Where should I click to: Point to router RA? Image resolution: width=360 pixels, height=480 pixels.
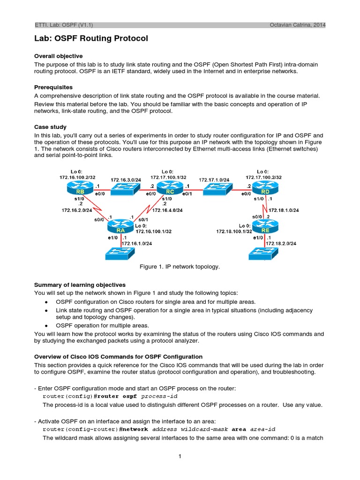coord(120,228)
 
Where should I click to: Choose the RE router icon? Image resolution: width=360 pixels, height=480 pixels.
coord(265,228)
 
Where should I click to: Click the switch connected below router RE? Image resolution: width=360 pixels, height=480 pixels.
coord(265,254)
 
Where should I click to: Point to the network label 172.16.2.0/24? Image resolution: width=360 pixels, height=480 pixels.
coord(77,211)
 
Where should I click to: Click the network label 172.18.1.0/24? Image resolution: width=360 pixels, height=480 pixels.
coord(284,210)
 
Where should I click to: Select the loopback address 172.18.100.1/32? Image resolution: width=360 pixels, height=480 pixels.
coord(234,231)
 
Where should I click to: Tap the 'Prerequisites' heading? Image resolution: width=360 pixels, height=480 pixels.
coord(53,87)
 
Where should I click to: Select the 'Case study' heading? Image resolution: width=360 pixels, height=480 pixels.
coord(50,127)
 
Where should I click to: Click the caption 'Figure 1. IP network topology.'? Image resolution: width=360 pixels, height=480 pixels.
coord(180,267)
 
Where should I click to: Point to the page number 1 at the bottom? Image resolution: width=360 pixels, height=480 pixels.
coord(180,457)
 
